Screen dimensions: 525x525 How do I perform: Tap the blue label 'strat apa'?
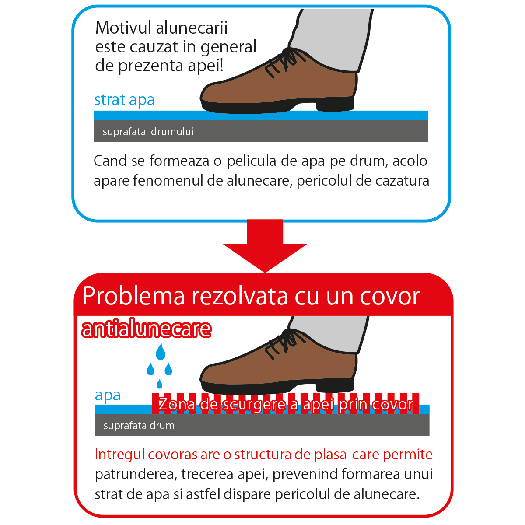tap(125, 100)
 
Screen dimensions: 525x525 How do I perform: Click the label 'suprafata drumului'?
tap(148, 132)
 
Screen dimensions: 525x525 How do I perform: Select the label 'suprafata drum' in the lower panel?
tap(139, 426)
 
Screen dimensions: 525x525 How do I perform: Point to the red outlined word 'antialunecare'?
tap(146, 329)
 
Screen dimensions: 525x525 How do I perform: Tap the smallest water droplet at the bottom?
tap(159, 384)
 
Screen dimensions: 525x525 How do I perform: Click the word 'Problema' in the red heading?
tap(134, 296)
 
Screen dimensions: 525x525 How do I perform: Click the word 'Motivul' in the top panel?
tap(123, 28)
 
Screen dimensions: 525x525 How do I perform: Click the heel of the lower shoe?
tap(335, 385)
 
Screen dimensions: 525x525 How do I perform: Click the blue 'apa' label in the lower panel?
tap(108, 396)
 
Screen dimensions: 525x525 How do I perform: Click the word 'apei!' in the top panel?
tap(206, 66)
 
